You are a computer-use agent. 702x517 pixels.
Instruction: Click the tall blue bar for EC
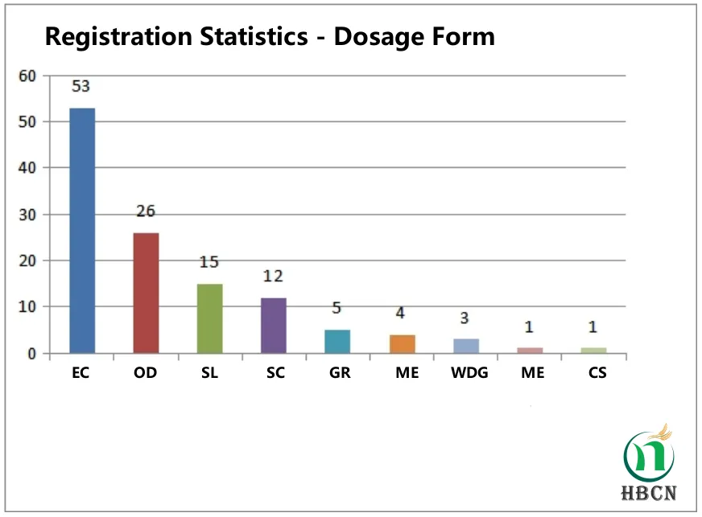82,230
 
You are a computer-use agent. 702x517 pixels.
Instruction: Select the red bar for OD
146,293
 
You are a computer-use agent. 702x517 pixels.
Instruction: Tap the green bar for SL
209,318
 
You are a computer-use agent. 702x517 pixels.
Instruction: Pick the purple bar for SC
273,325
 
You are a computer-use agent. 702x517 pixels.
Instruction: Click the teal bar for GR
337,341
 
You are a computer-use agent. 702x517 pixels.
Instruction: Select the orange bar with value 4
402,343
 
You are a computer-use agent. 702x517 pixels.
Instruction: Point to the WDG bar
465,346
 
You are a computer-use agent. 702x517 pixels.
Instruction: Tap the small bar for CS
593,350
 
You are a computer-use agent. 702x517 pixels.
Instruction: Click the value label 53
82,86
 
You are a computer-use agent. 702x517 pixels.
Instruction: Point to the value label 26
146,211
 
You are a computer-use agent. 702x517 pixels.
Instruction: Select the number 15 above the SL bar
209,262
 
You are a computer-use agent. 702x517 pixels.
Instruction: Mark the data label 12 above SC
273,277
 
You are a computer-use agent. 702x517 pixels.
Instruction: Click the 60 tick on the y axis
28,76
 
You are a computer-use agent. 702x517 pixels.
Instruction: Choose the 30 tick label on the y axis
28,215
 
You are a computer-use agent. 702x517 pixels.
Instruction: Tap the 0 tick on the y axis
32,354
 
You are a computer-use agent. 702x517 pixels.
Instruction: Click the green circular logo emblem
649,454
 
